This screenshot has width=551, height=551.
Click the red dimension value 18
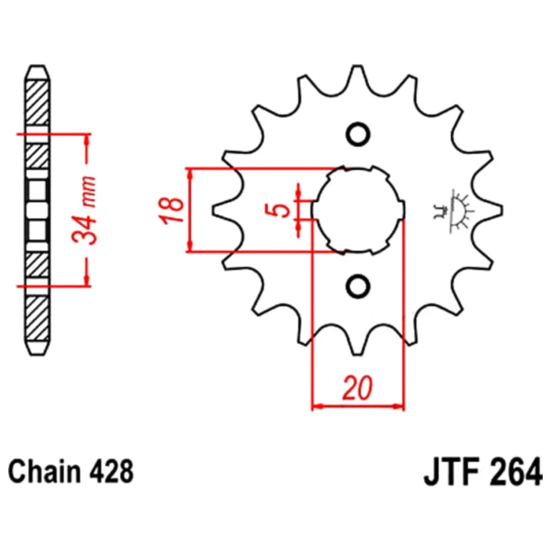tap(172, 210)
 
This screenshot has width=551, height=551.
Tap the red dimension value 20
tap(358, 388)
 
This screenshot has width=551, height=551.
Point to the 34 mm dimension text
tap(84, 210)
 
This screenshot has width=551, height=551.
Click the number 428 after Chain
tap(111, 472)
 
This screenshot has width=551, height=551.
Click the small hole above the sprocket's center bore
tap(358, 134)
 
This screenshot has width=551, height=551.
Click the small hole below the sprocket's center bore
tap(358, 285)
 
